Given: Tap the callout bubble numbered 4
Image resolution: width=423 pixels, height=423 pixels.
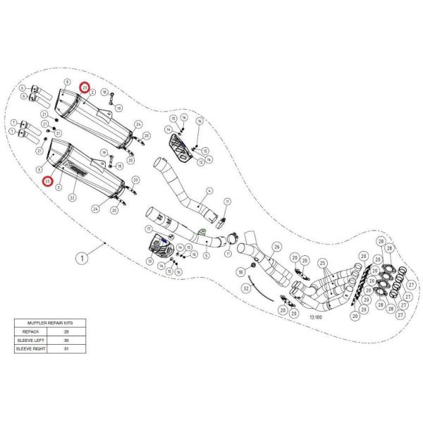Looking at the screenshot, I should point(209,191).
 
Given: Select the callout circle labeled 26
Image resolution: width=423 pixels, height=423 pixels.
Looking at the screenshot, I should point(276,247).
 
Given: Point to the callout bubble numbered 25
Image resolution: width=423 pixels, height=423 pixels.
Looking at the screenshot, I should point(324,262).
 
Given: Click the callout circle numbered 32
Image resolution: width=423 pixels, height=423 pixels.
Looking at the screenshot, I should point(245,288).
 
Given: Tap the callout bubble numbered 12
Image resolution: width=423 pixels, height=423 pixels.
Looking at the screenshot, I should point(200,163).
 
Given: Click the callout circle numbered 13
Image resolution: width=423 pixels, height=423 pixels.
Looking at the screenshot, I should point(150,261).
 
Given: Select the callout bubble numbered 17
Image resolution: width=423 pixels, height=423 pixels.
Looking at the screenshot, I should point(149,230).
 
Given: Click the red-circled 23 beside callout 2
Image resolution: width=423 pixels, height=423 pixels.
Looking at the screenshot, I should point(85,88).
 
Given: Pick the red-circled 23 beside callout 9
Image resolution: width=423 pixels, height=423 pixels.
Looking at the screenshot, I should point(47,181).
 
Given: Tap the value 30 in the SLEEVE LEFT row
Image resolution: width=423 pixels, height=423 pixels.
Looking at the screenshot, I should point(66,339).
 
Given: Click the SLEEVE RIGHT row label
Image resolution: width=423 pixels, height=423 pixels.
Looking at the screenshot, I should point(30,349).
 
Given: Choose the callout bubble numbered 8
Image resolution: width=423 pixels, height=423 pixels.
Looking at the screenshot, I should point(67,82).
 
